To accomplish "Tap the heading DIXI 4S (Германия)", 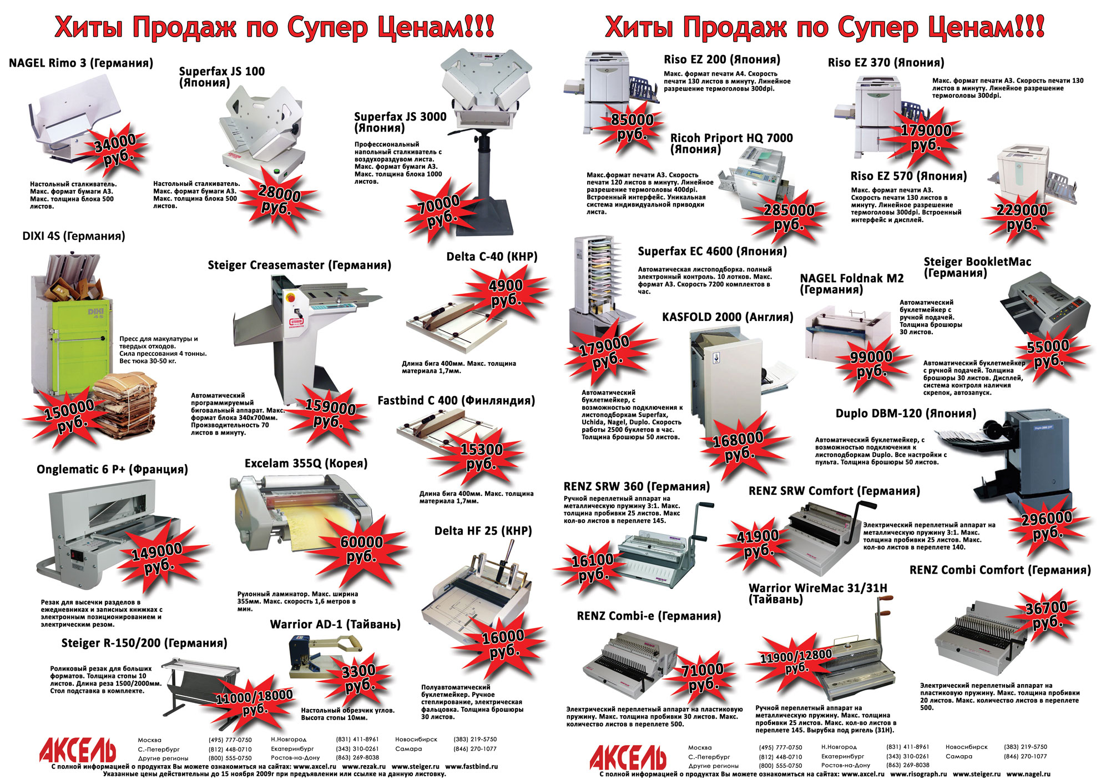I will click(x=74, y=236).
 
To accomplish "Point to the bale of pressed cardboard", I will click(x=125, y=405).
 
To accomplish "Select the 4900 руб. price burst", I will click(x=506, y=293).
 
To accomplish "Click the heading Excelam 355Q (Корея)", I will click(x=306, y=463).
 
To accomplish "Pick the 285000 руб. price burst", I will click(x=789, y=217).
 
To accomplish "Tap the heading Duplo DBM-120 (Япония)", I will click(x=906, y=414).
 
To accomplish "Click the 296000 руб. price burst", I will click(x=1047, y=525).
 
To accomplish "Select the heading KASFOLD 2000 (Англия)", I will click(x=727, y=317).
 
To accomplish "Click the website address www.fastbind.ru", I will click(x=471, y=766).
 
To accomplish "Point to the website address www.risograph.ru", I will click(x=918, y=773).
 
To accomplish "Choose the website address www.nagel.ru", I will click(x=1028, y=773).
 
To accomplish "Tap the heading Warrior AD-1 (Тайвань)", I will click(x=335, y=624).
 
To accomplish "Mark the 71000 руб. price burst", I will click(x=702, y=677).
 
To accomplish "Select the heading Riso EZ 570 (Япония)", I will click(x=908, y=176).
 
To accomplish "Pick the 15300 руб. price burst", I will click(x=481, y=456).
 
